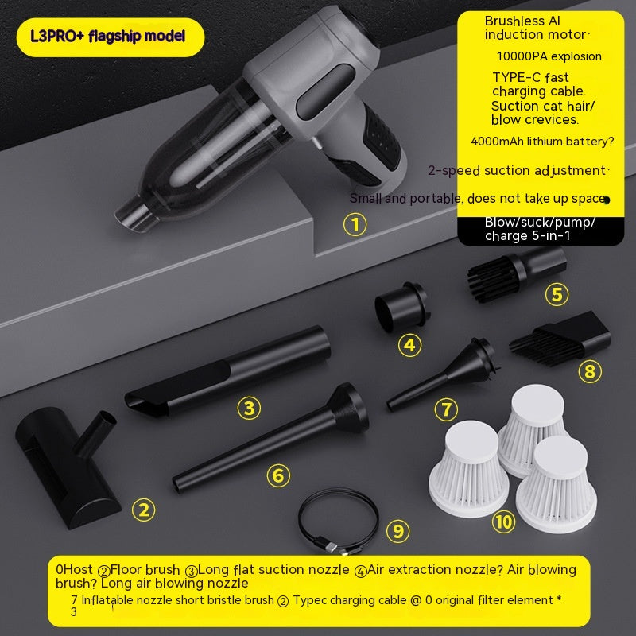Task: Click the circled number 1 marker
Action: click(x=355, y=224)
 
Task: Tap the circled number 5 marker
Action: click(x=557, y=294)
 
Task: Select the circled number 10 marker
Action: click(x=504, y=522)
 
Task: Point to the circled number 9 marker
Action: click(x=398, y=531)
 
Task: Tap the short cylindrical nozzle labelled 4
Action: click(x=401, y=307)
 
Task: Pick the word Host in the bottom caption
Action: click(x=78, y=569)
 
